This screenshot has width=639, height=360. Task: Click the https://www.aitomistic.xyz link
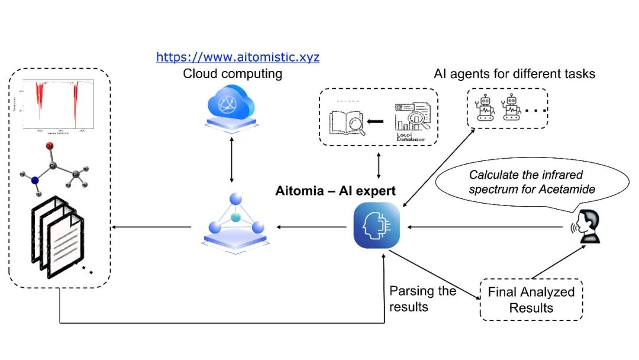238,57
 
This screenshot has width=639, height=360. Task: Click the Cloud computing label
232,74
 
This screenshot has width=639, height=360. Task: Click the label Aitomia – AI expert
335,191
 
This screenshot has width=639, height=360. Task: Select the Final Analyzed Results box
531,300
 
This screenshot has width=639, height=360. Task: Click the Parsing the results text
422,299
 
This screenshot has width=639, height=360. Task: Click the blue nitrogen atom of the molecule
35,180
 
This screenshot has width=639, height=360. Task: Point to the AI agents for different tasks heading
514,74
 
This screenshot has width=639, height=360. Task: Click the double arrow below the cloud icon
231,159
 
